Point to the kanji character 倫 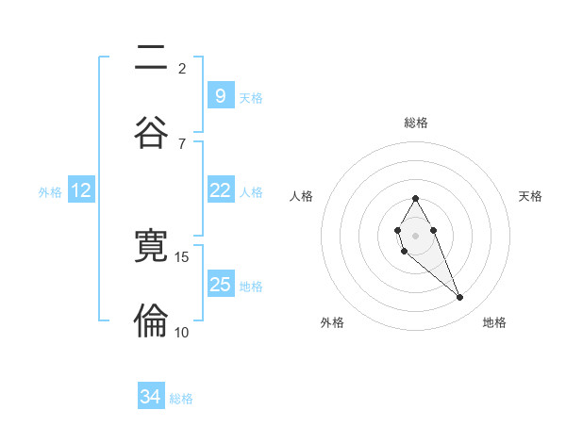coord(151,320)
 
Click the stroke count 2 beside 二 coord(182,68)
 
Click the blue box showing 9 coord(220,95)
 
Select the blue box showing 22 coord(220,190)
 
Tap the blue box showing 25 coord(220,285)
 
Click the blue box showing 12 coord(81,190)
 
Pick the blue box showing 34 coord(150,397)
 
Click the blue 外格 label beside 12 coord(50,192)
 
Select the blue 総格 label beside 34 coord(181,399)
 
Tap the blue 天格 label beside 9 coord(251,97)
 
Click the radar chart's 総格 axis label coord(415,123)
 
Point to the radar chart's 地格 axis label coord(494,322)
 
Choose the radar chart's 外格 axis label coord(332,322)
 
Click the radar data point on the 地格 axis coord(460,298)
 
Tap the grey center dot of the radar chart coord(415,234)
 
